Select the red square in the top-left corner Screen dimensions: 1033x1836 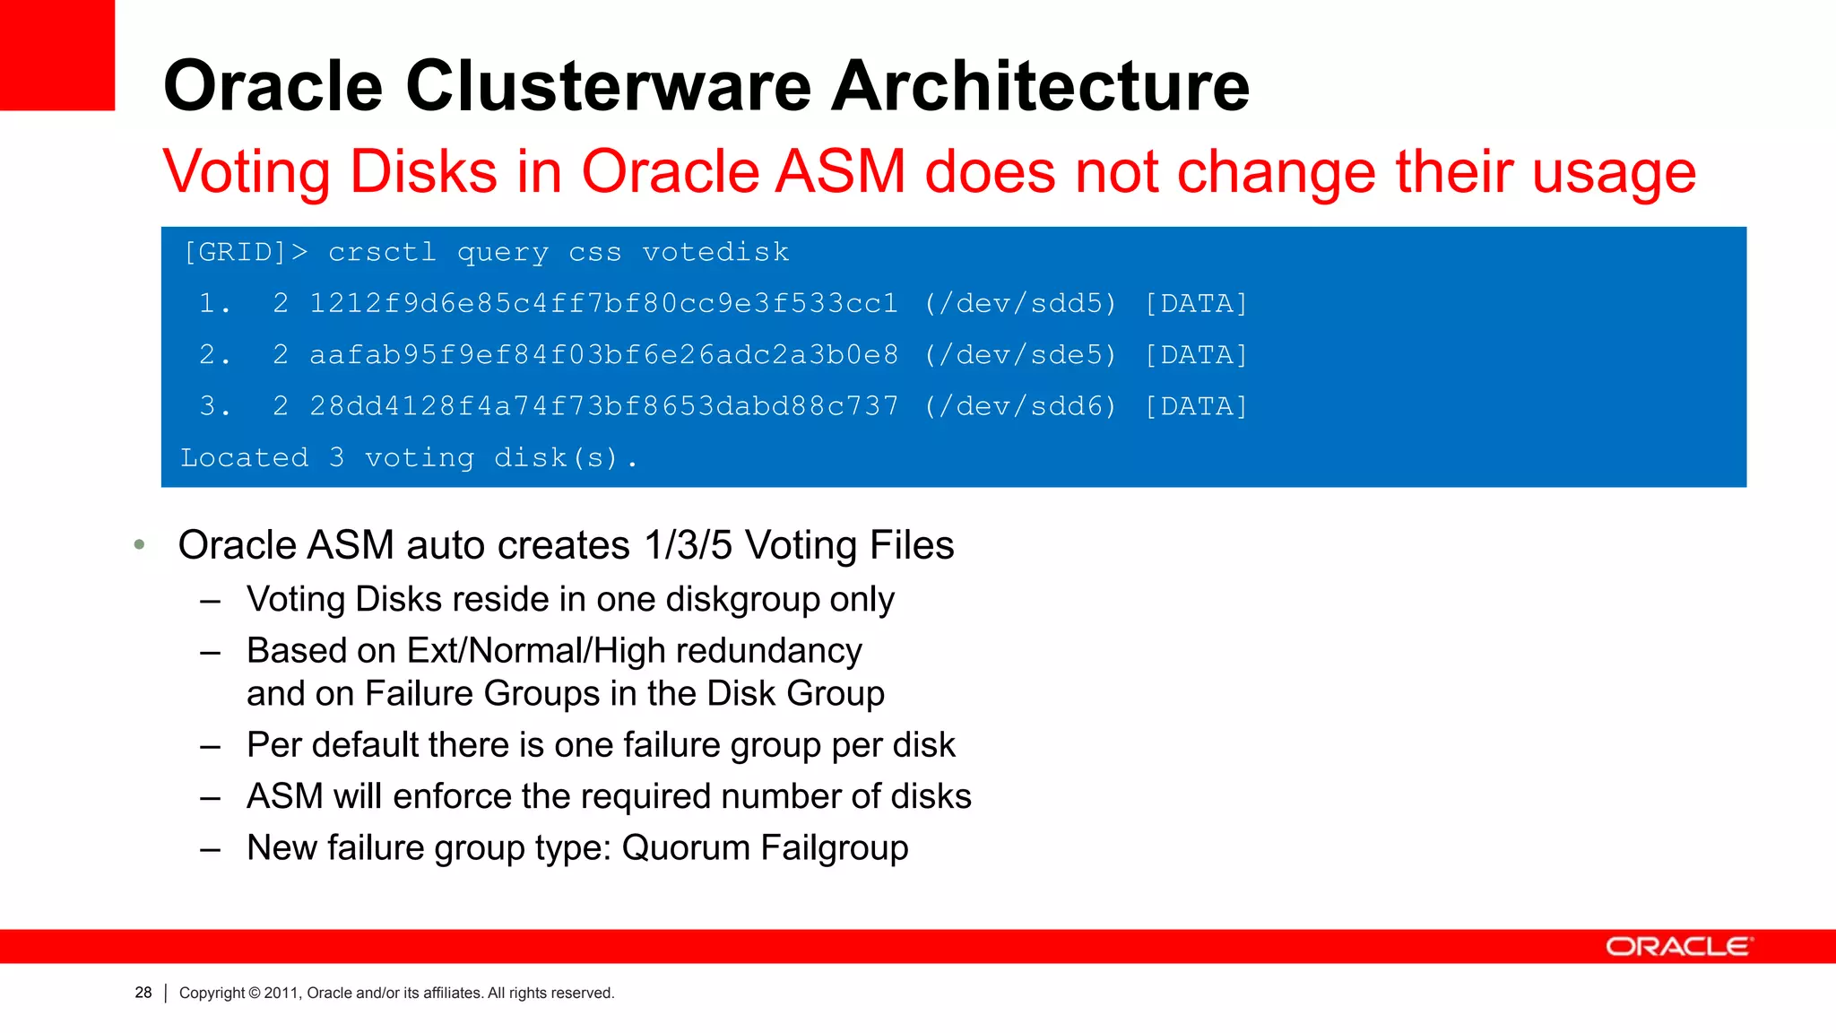click(56, 55)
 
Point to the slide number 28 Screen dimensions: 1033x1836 click(143, 993)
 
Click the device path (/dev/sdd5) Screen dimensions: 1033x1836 click(1021, 304)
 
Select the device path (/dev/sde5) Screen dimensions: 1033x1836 click(1021, 355)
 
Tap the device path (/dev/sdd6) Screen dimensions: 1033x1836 click(1021, 406)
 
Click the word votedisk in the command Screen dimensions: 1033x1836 click(715, 253)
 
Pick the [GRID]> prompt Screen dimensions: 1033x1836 click(245, 253)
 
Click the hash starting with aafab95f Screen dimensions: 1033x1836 click(603, 355)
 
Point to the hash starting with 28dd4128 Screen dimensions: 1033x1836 click(603, 406)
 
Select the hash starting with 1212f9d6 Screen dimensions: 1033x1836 click(603, 304)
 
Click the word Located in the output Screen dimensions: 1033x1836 click(245, 458)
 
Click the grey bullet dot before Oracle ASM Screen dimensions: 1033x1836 click(139, 544)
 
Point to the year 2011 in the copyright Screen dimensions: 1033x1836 click(281, 993)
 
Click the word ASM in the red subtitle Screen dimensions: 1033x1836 click(840, 171)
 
